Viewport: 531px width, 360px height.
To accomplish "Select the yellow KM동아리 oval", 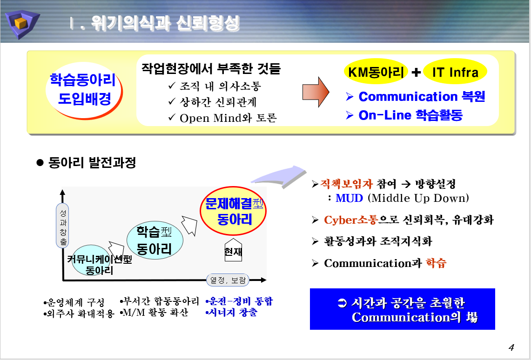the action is coord(376,72).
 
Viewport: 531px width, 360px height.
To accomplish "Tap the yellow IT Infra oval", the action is coord(455,72).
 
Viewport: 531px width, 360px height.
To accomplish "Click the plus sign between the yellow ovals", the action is coord(416,72).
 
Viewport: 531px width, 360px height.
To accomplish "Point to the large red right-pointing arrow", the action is coord(316,92).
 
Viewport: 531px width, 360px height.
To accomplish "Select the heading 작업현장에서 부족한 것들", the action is coord(211,69).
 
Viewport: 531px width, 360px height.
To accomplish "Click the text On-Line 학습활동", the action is coord(410,115).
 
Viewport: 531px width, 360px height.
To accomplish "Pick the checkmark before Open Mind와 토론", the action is coord(172,117).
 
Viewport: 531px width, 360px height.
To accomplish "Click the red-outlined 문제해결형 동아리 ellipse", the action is coord(233,211).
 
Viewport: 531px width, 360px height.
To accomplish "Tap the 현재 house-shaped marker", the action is coord(233,250).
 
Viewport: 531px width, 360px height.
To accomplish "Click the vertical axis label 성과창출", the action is coord(63,226).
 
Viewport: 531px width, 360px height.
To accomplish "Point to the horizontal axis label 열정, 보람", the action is coord(228,280).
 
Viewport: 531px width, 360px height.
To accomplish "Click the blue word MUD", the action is coord(349,198).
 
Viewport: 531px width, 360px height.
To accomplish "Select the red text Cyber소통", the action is coord(351,220).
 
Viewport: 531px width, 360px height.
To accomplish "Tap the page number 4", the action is coord(511,347).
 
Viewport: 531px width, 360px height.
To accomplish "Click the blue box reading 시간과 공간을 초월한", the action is coord(402,309).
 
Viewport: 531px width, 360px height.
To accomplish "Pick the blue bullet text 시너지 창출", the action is coord(232,312).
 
